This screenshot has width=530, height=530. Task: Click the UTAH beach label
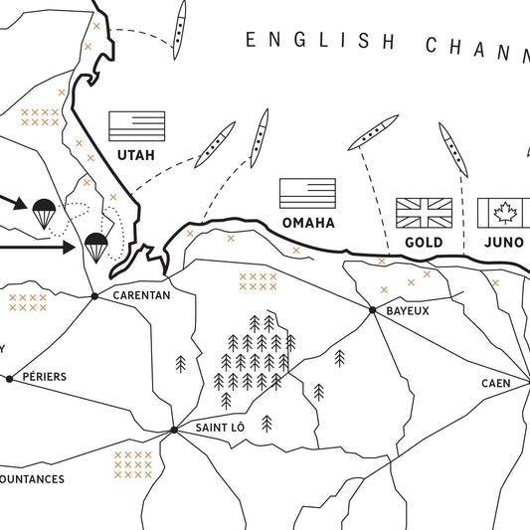tap(137, 154)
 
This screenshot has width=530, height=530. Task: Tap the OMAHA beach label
tap(307, 222)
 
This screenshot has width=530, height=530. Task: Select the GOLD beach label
tap(424, 242)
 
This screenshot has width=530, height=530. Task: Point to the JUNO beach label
tap(504, 242)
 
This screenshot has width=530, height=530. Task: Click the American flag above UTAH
tap(136, 125)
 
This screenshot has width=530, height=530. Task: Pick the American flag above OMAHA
tap(307, 193)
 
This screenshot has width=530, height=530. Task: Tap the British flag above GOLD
tap(424, 212)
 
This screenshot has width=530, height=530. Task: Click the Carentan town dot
tap(94, 295)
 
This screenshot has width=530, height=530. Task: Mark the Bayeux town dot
tap(372, 310)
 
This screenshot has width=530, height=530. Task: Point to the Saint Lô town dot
tap(173, 430)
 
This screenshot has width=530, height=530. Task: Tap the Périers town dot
tap(9, 378)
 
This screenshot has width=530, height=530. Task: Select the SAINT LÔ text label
tap(220, 429)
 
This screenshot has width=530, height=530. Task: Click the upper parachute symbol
tap(43, 212)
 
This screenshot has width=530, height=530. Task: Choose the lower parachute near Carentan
tap(95, 246)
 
